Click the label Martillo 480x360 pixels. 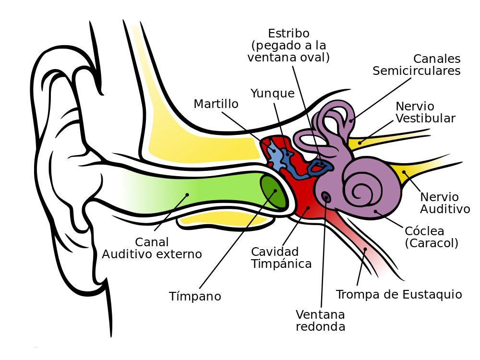point(216,104)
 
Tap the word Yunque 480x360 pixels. point(273,94)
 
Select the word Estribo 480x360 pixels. point(288,33)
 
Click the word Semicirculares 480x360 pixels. point(416,71)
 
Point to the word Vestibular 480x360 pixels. point(425,118)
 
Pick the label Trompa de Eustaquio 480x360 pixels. point(399,295)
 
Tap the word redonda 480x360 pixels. point(321,326)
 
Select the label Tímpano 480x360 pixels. point(195,296)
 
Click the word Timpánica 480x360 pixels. point(281,264)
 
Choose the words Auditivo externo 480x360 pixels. point(152,254)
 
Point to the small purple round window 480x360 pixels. point(326,197)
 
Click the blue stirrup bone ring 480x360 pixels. point(319,167)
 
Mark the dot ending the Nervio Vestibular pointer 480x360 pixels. point(360,143)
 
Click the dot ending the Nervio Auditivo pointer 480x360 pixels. point(404,172)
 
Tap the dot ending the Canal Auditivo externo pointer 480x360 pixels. point(187,194)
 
